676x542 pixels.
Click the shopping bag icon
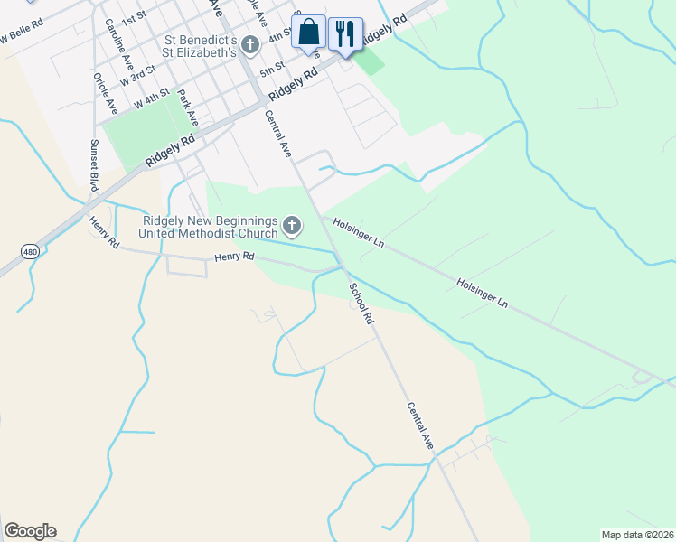pos(308,32)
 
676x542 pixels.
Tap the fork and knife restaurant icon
pos(344,34)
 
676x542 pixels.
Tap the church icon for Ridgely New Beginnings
pos(292,224)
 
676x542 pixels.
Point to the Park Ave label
pos(188,107)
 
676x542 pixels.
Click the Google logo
pos(30,531)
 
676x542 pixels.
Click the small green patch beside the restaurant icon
pos(369,61)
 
